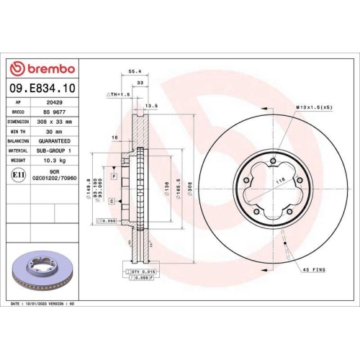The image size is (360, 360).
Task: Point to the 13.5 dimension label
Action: coord(150,105)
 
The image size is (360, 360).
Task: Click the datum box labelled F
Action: coord(114,176)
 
